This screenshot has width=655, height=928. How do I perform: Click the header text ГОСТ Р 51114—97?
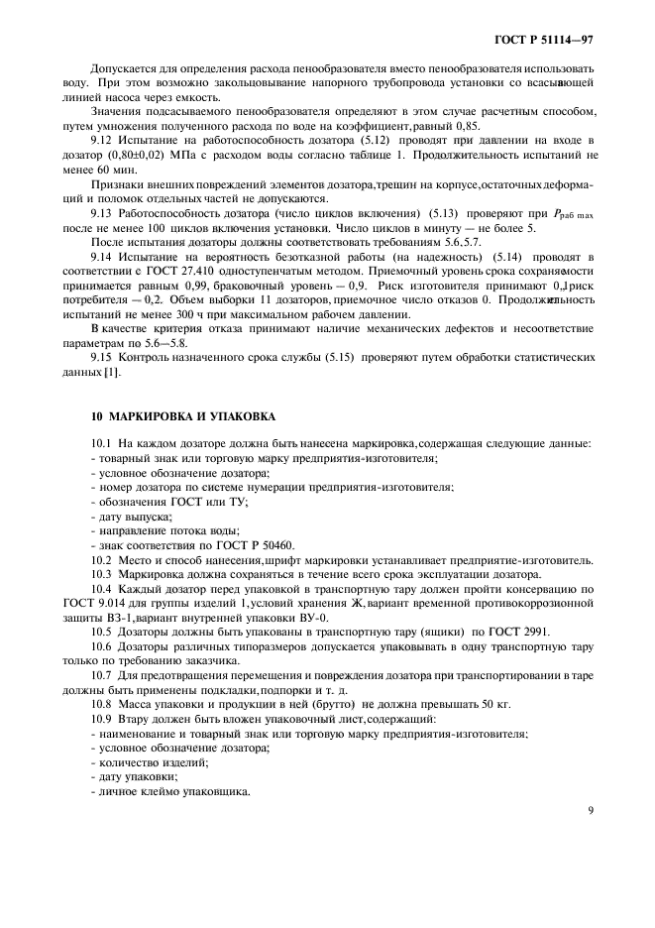[550, 41]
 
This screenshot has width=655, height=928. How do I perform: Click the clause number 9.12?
[102, 142]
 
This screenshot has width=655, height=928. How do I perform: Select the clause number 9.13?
[102, 213]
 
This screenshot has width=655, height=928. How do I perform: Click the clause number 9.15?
[102, 356]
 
